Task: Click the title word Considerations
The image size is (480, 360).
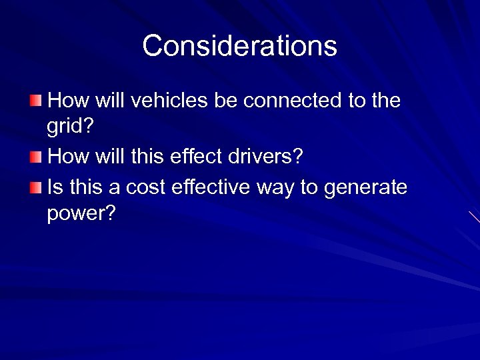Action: [239, 46]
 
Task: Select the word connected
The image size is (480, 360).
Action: [291, 101]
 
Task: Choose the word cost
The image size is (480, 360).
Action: [145, 187]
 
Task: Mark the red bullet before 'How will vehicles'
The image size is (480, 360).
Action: [35, 101]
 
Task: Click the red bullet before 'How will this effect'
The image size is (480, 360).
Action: [35, 157]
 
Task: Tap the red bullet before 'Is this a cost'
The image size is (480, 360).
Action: [35, 187]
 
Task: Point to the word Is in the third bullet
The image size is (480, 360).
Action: [55, 187]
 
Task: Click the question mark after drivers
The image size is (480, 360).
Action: [298, 157]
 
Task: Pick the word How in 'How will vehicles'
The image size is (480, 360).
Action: [67, 101]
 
